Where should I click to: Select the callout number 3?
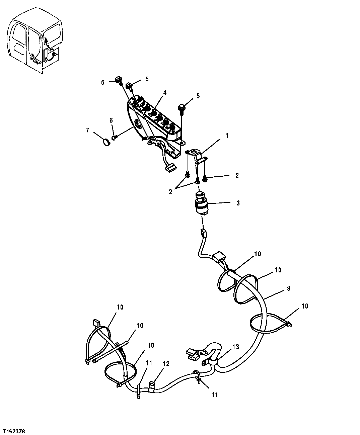pyautogui.click(x=238, y=203)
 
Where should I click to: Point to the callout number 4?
pyautogui.click(x=164, y=93)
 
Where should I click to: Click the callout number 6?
pyautogui.click(x=111, y=120)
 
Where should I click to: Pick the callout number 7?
pyautogui.click(x=88, y=130)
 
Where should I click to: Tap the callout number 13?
pyautogui.click(x=236, y=347)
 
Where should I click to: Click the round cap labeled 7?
pyautogui.click(x=106, y=143)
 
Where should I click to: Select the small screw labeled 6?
pyautogui.click(x=115, y=137)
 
